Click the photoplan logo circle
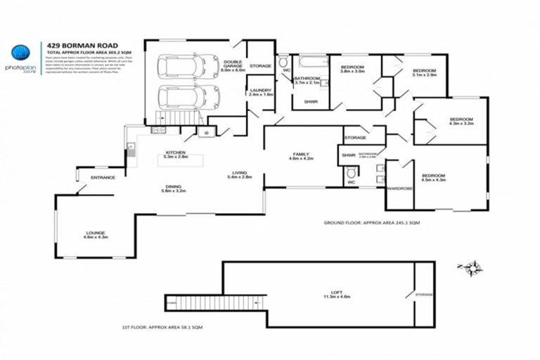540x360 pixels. coord(21,53)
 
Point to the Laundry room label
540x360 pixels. coord(261,91)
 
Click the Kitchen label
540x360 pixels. coord(174,154)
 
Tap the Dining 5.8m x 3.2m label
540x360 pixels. coord(173,188)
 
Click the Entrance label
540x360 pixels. coord(103,177)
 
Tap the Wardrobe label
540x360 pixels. coord(399,188)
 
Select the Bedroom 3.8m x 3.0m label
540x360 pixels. coord(353,70)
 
